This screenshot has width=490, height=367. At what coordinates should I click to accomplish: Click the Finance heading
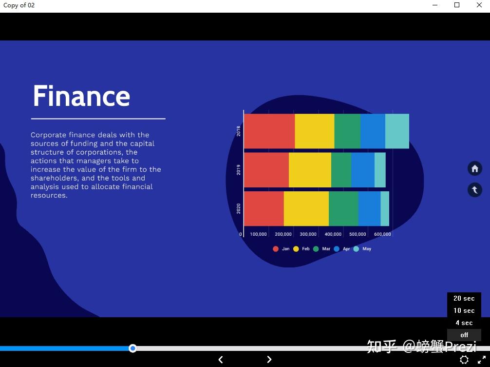81,96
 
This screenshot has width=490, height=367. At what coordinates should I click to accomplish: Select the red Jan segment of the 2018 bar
269,131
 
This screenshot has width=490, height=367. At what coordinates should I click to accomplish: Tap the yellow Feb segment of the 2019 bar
310,170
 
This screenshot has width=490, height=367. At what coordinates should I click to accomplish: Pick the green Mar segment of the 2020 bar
343,208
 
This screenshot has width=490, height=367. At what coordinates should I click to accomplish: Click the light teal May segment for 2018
397,131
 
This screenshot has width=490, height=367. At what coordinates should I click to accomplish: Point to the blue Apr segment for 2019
363,170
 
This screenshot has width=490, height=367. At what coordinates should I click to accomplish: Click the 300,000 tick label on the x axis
308,234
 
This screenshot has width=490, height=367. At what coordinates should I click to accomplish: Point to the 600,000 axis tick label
382,234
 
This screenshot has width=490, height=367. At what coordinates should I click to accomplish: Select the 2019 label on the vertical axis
239,170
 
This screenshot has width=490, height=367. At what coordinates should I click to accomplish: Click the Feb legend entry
301,249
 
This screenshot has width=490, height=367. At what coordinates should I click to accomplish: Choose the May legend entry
362,249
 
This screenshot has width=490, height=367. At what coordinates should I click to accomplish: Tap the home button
475,169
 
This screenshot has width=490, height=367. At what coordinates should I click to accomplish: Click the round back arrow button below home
475,190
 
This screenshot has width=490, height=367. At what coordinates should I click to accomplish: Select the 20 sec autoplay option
464,298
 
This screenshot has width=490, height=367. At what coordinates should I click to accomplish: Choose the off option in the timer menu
464,335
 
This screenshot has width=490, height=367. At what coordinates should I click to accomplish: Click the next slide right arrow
269,360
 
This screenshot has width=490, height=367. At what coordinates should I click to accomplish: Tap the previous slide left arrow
221,360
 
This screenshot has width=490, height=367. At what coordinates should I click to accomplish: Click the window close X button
479,5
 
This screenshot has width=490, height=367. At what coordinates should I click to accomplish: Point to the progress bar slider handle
133,348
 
